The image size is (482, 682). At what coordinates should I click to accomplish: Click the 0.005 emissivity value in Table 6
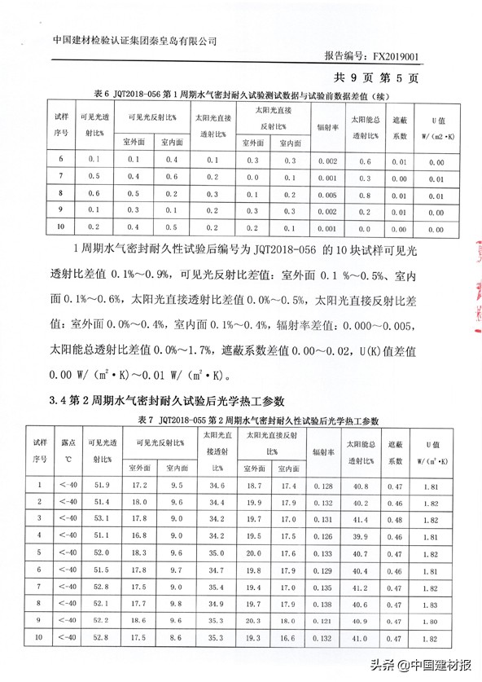[x=327, y=195]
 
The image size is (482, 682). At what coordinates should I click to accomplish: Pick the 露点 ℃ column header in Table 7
[x=69, y=451]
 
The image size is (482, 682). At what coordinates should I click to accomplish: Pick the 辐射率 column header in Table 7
[x=323, y=451]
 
